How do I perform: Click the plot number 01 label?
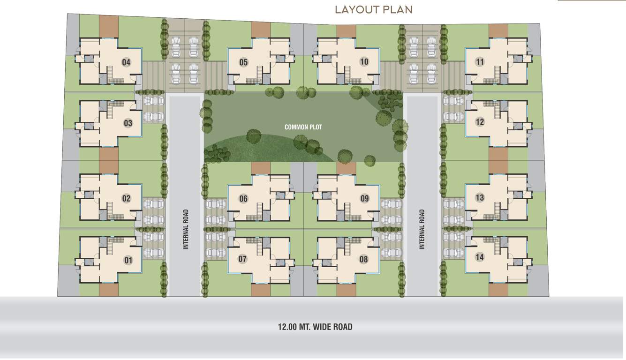[x=128, y=260]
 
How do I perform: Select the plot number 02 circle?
[x=126, y=198]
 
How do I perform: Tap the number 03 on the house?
[x=128, y=123]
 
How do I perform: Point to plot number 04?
[x=126, y=62]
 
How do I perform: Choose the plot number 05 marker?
[x=243, y=62]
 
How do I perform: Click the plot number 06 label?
[x=243, y=199]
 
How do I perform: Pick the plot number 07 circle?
[x=242, y=259]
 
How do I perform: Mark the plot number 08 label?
[x=364, y=259]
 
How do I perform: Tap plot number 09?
[x=364, y=199]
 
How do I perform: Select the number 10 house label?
[x=364, y=61]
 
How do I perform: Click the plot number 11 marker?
[x=479, y=61]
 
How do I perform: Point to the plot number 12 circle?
[x=479, y=122]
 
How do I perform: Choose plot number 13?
[x=479, y=197]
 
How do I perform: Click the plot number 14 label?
[x=479, y=257]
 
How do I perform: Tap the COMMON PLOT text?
[x=303, y=127]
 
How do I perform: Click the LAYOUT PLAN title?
[x=373, y=9]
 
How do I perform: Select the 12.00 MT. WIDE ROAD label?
[x=315, y=327]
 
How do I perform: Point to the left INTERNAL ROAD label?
[x=186, y=229]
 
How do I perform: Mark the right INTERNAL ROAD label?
[x=422, y=229]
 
